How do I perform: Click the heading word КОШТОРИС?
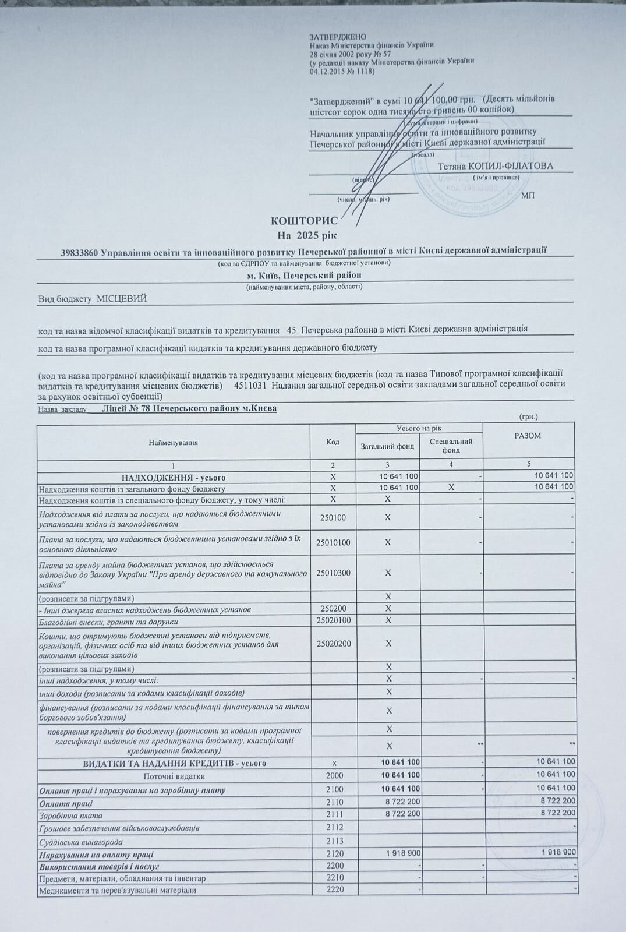[304, 221]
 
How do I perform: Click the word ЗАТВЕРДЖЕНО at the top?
[338, 37]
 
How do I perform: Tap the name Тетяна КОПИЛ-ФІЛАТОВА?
[495, 166]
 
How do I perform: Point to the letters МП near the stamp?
[528, 195]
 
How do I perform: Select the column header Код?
[333, 442]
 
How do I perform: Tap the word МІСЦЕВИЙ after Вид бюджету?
[122, 299]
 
